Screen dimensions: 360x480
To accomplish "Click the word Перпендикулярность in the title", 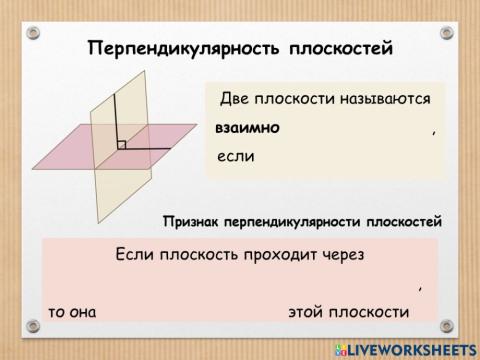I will pyautogui.click(x=180, y=48).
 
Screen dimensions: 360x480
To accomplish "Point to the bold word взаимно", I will pyautogui.click(x=247, y=129).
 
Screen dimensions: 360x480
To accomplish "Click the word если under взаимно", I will pyautogui.click(x=237, y=157).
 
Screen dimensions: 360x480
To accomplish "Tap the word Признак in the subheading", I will pyautogui.click(x=194, y=220).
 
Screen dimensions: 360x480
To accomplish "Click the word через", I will pyautogui.click(x=351, y=254).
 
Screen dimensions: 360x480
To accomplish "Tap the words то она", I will pyautogui.click(x=71, y=311).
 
